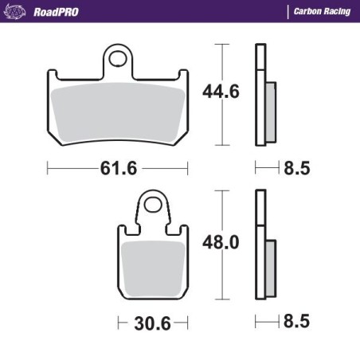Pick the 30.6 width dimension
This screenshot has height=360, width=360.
154,323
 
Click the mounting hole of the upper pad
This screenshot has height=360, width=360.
120,58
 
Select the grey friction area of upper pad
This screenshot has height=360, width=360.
119,111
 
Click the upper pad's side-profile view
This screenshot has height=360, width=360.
260,95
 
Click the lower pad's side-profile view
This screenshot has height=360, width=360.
260,247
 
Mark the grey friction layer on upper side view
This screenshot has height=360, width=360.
269,112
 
